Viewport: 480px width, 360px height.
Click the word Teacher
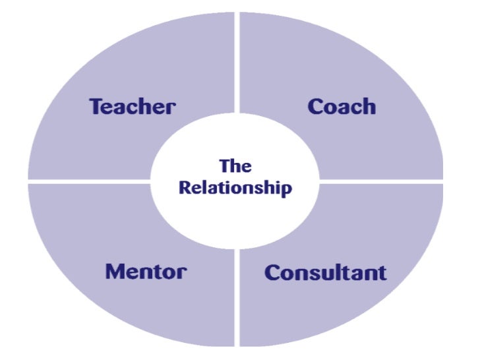133,107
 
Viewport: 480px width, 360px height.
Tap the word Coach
342,107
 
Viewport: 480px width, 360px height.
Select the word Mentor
146,271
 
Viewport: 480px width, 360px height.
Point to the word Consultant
325,272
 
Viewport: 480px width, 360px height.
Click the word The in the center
235,166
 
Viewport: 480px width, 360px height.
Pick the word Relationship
235,187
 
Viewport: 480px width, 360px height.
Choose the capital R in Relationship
185,187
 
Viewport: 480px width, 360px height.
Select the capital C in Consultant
272,272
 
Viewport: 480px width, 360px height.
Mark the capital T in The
224,166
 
